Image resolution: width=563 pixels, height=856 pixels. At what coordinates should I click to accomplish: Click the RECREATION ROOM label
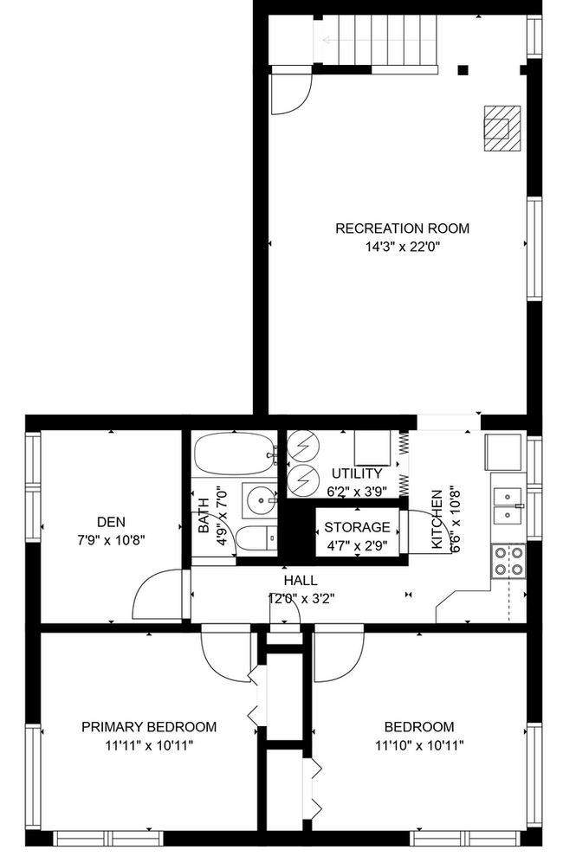coord(402,228)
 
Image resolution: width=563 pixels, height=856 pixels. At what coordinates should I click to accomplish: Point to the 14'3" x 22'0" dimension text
coord(402,247)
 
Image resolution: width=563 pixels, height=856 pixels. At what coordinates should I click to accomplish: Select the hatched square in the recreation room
coord(502,127)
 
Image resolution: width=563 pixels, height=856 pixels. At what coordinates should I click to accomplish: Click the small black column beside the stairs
coord(464,70)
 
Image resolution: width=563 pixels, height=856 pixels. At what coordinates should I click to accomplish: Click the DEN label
coord(111,521)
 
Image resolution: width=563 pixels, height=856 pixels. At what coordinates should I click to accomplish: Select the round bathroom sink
coord(257,499)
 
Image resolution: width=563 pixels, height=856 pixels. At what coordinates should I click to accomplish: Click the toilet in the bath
coord(255,539)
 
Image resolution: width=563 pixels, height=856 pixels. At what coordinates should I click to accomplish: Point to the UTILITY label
coord(356,473)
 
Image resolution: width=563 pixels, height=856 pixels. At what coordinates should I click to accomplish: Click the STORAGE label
coord(357,527)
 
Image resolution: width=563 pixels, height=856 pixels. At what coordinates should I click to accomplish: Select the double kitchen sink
coord(506,506)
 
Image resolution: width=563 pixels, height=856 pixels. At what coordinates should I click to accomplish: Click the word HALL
coord(300,580)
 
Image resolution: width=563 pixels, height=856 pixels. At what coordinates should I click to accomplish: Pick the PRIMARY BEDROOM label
coord(149,726)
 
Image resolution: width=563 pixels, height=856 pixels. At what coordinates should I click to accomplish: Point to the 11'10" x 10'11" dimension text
coord(419,744)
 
